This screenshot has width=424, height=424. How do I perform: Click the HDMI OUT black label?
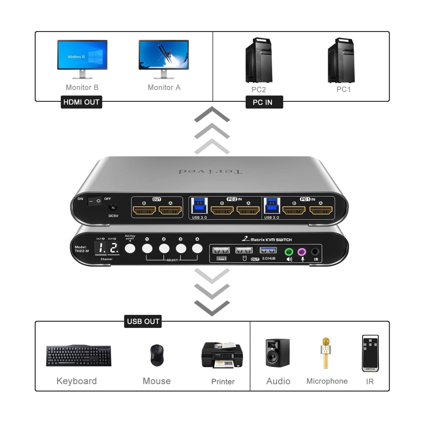click(x=81, y=102)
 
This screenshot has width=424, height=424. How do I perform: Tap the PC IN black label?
click(x=264, y=102)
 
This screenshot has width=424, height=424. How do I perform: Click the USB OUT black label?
click(x=143, y=321)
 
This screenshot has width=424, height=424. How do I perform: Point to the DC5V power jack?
click(x=113, y=207)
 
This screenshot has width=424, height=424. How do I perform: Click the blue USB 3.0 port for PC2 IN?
click(x=200, y=206)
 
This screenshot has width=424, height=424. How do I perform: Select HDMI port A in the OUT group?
click(x=170, y=210)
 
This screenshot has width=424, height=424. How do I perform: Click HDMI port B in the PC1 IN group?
click(x=294, y=210)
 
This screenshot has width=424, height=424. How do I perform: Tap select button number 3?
click(x=181, y=249)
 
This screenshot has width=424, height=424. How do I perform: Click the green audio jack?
click(x=289, y=252)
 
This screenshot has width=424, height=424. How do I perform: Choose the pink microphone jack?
click(x=302, y=252)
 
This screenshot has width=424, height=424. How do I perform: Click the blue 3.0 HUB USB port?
click(x=268, y=250)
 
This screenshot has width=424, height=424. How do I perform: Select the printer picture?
click(x=222, y=355)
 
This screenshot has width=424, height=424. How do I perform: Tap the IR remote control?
click(x=370, y=353)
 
